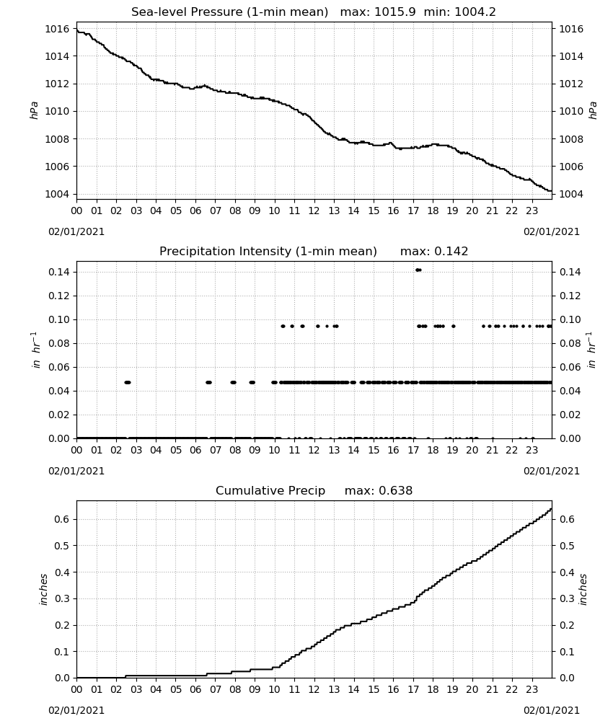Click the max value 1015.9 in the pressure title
click(x=395, y=12)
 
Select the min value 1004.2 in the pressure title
click(x=475, y=12)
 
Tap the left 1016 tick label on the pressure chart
click(x=57, y=29)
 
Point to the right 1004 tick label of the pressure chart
click(x=570, y=194)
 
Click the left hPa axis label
click(x=34, y=110)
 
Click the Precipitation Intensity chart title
click(x=268, y=252)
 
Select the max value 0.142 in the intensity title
click(x=451, y=252)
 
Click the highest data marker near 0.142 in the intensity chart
click(x=418, y=270)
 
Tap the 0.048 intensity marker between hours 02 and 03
click(x=128, y=383)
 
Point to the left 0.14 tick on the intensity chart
click(x=59, y=273)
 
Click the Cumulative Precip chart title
click(x=270, y=490)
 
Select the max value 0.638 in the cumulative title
click(x=395, y=490)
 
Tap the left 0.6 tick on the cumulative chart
click(x=62, y=519)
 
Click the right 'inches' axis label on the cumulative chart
click(x=583, y=589)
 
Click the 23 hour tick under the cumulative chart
click(x=532, y=689)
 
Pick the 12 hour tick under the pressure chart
click(x=314, y=211)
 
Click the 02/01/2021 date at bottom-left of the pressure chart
click(x=76, y=231)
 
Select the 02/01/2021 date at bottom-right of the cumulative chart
click(x=552, y=710)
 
